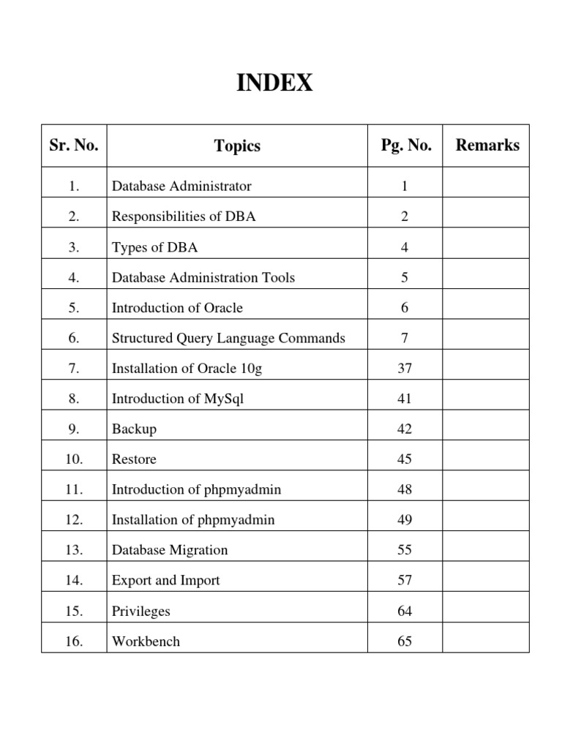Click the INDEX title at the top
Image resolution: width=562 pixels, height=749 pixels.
[274, 84]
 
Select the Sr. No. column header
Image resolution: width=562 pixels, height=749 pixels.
[74, 146]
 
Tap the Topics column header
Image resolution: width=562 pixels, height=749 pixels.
[237, 146]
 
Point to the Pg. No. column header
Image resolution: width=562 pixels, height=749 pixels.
[406, 146]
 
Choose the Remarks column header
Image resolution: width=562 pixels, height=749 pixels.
[487, 145]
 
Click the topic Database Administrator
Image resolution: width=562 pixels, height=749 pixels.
[181, 187]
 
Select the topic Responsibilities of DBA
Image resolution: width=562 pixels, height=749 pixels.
[184, 217]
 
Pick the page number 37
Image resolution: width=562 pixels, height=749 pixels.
[405, 369]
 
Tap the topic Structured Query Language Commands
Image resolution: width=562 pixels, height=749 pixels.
[228, 339]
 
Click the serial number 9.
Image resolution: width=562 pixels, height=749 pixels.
[74, 429]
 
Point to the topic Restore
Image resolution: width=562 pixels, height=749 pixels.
[134, 460]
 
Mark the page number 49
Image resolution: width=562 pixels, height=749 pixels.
[405, 520]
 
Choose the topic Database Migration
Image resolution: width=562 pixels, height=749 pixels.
[170, 550]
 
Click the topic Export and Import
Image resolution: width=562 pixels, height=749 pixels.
[166, 581]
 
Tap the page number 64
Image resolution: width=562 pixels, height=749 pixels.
[405, 611]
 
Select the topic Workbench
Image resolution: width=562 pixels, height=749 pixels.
[146, 641]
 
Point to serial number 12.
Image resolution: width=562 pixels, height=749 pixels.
[74, 520]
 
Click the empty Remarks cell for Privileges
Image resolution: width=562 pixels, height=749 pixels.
[486, 611]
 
